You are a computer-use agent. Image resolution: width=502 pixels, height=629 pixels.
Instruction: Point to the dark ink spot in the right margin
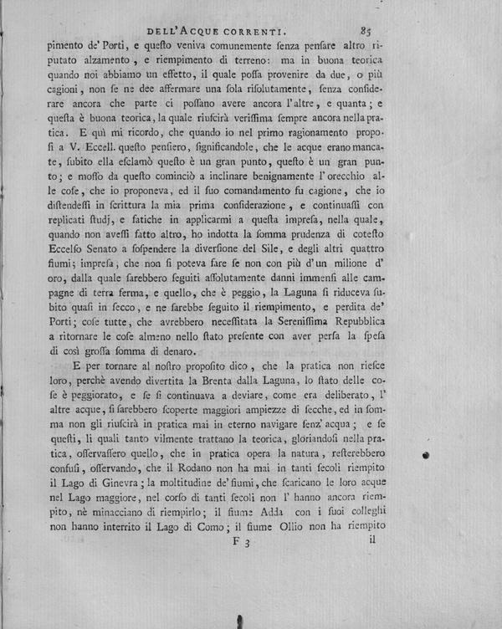[x=427, y=454]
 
